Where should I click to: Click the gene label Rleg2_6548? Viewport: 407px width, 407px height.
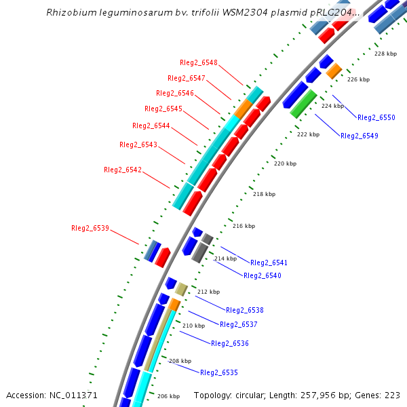click(x=199, y=62)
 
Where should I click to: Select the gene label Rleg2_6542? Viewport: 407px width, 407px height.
click(x=123, y=170)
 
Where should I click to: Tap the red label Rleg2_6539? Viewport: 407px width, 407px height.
click(x=90, y=228)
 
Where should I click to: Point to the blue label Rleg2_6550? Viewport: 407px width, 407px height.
click(x=376, y=117)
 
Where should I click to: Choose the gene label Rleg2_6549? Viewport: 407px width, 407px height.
click(x=360, y=136)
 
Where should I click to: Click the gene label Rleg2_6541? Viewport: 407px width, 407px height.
click(x=269, y=263)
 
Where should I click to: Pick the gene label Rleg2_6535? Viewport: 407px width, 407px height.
click(x=219, y=372)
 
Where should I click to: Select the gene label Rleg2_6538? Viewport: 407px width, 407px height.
click(x=245, y=310)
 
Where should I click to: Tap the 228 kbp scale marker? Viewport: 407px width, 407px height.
click(x=385, y=54)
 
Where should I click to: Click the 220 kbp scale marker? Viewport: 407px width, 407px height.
click(x=285, y=163)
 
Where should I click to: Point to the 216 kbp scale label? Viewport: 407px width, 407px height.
click(x=244, y=226)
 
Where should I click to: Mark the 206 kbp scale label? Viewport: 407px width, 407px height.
click(x=168, y=396)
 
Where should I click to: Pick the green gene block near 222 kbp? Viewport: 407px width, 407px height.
click(x=303, y=103)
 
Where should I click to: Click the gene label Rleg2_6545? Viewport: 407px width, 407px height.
click(x=163, y=109)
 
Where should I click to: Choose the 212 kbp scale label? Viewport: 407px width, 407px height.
click(x=208, y=292)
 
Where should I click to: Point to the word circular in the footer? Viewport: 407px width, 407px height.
click(x=257, y=395)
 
